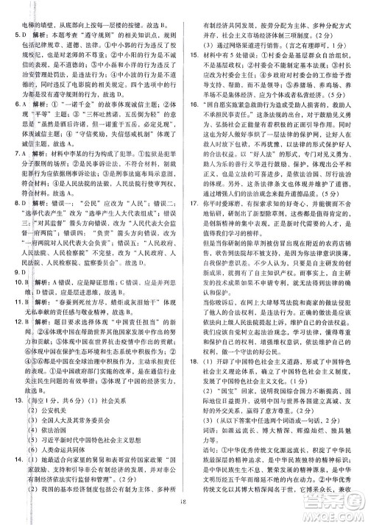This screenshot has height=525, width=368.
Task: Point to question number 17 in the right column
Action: tap(193, 222)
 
